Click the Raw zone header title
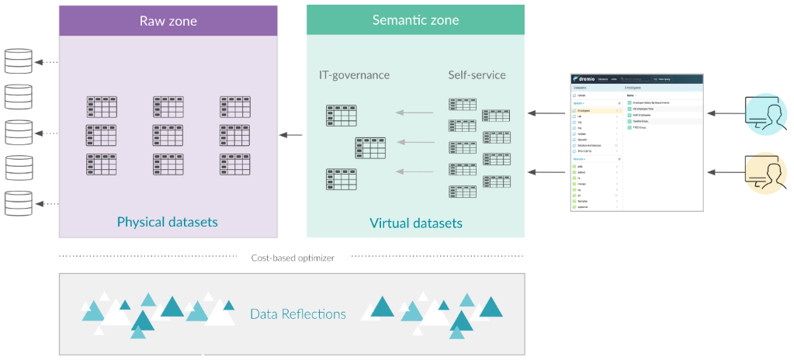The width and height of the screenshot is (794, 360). (x=168, y=20)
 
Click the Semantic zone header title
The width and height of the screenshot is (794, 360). (x=415, y=20)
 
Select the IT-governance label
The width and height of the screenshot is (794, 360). (x=354, y=75)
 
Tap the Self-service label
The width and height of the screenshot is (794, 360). (x=477, y=75)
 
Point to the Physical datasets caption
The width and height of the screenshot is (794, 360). (x=168, y=222)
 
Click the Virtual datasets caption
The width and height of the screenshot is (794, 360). (x=415, y=223)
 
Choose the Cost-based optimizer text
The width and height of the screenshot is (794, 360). (x=293, y=258)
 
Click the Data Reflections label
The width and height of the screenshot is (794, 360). (x=298, y=314)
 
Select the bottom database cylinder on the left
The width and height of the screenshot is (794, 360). (x=19, y=203)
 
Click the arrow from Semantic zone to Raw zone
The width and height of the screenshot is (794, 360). (x=291, y=136)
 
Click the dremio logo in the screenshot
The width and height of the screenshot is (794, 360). (x=588, y=79)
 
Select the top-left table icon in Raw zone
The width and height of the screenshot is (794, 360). (x=102, y=107)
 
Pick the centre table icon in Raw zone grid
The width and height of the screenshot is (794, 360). (x=168, y=136)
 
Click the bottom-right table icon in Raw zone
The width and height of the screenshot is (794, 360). (x=234, y=164)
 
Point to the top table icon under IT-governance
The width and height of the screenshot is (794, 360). (x=342, y=116)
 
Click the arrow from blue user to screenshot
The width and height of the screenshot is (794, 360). (x=724, y=114)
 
